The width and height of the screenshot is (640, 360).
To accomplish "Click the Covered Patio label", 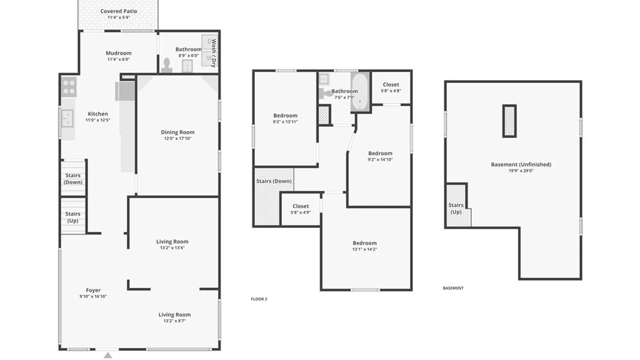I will (119, 11).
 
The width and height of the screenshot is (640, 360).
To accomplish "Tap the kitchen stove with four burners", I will (69, 87).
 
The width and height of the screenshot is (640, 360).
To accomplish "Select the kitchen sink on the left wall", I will (68, 118).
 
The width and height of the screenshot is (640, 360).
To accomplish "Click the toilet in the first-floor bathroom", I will (167, 65).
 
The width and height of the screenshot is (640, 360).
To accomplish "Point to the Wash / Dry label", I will (214, 53).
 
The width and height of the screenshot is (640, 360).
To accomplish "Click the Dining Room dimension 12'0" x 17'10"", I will (178, 138).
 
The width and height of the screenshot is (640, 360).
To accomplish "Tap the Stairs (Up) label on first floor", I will (73, 217).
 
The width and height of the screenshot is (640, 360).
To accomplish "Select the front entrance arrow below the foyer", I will (108, 355).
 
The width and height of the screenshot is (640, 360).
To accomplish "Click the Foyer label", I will (93, 290).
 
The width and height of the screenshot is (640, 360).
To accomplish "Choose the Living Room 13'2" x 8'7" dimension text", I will (174, 321).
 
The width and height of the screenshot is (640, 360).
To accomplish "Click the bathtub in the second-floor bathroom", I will (360, 92).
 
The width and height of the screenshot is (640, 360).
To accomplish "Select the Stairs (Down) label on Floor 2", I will (274, 181).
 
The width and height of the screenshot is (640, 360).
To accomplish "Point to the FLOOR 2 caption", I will (259, 299).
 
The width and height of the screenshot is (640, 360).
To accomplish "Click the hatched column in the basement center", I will (509, 121).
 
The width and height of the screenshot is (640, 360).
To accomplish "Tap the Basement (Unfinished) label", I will (521, 164).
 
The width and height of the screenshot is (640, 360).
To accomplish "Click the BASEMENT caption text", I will (453, 288).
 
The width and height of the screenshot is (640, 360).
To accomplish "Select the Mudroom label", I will (118, 53).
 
